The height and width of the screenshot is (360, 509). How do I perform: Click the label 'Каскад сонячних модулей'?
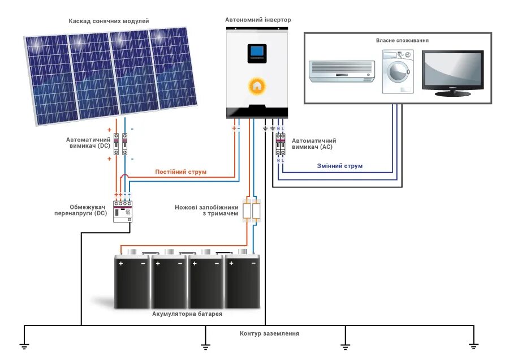tap(109, 21)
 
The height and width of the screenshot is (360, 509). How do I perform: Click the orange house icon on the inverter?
tap(257, 86)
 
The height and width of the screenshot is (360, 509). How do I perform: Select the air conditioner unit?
tap(342, 70)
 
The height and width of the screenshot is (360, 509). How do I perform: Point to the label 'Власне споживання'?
tap(402, 41)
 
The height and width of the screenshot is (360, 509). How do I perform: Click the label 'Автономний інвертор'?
tap(258, 20)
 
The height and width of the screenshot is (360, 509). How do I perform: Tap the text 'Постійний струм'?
tap(181, 172)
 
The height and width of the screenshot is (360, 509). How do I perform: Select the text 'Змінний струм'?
tap(340, 166)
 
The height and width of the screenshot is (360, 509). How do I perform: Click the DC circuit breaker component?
tap(120, 144)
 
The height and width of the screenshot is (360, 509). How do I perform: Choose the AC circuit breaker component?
tap(280, 145)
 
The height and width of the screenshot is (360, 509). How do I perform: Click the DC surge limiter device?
tap(122, 211)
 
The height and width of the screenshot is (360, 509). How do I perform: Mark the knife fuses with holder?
tap(251, 210)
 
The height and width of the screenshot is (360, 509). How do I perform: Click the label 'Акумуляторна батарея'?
tap(187, 314)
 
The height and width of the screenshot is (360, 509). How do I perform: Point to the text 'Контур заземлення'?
tap(269, 334)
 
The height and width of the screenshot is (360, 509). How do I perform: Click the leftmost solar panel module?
tap(48, 79)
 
